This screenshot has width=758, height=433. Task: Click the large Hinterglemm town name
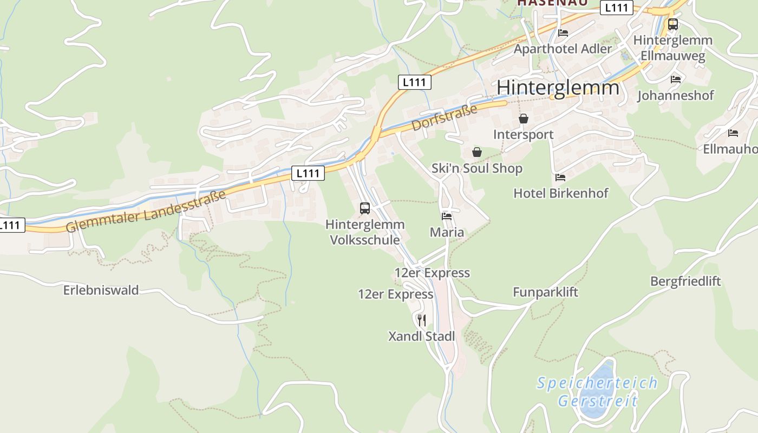(558, 88)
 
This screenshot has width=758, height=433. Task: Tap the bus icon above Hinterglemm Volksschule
(365, 208)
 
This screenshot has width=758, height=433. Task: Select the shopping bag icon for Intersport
(524, 119)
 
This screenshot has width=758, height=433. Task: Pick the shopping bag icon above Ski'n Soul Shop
(477, 152)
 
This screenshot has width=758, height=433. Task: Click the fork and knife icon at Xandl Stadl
(422, 320)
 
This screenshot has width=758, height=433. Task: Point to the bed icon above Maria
(447, 216)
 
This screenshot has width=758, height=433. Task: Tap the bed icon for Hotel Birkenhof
(560, 177)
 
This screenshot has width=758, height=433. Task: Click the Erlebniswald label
(101, 290)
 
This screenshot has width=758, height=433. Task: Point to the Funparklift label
(545, 292)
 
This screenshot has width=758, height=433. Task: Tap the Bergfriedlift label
(685, 281)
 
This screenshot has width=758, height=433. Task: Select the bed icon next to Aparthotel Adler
(563, 32)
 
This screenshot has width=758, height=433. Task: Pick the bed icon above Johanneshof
(676, 79)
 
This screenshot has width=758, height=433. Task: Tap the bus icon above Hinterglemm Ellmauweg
(673, 24)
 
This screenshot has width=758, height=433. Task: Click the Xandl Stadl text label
(422, 337)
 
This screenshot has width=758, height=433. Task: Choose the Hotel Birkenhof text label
(560, 193)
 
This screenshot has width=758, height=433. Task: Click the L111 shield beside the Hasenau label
(617, 8)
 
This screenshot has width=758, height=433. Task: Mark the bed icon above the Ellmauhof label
(733, 133)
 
